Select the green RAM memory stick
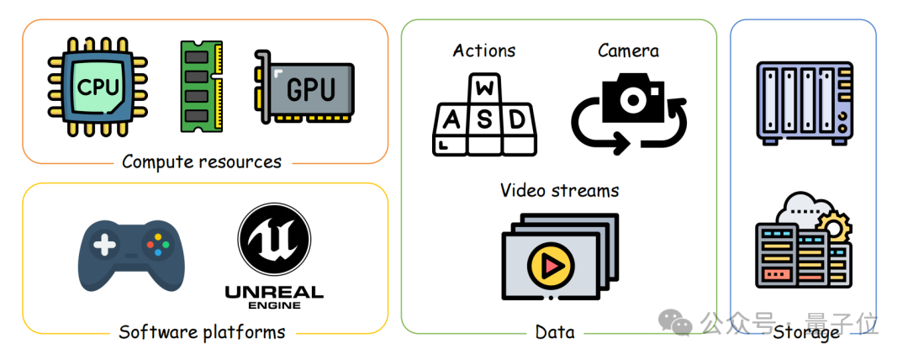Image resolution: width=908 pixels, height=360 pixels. click(202, 87)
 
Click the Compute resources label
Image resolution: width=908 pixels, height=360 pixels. click(202, 161)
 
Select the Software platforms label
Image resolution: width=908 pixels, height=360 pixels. click(202, 331)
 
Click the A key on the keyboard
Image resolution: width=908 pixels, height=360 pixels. click(451, 120)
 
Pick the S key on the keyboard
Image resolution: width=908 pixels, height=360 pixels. click(484, 120)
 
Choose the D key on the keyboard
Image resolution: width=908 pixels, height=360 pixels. click(517, 120)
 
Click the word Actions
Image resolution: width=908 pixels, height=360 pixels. click(484, 50)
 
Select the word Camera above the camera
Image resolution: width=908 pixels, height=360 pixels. click(628, 50)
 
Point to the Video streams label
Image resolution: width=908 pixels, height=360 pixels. click(559, 190)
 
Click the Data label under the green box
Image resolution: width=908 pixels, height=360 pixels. click(555, 332)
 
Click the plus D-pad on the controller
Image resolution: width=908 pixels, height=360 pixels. click(104, 246)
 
